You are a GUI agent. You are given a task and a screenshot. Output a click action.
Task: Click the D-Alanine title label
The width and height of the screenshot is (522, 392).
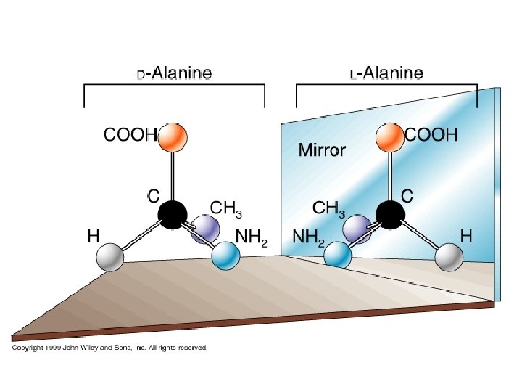coord(175,73)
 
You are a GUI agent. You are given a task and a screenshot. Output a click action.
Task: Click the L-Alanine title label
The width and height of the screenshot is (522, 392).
coord(386,73)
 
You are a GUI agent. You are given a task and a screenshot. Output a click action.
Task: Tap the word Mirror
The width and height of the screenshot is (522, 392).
coord(322,151)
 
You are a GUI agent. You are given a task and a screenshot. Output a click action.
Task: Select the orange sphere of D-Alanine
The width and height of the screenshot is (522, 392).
coord(172,136)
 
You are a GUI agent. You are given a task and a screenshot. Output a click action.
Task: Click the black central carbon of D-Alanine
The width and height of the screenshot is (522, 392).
coord(172,215)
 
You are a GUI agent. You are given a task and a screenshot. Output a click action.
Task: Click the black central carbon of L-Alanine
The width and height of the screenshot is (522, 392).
coord(389,215)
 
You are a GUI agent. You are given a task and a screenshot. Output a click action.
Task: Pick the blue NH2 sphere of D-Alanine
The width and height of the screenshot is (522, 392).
coord(225,255)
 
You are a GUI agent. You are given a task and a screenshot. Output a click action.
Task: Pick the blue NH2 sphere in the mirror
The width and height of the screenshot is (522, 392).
coord(337,255)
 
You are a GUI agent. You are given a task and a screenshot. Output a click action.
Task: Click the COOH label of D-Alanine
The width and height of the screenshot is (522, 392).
coord(130,134)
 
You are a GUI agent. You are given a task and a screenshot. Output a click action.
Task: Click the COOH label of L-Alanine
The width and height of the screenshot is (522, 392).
coord(431,134)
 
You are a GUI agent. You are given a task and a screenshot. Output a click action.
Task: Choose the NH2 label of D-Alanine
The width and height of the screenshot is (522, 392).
coord(252,237)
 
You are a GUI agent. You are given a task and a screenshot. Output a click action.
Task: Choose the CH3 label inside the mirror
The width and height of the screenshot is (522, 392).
coord(328,208)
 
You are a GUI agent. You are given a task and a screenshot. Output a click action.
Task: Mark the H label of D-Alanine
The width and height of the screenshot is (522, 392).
coord(93,236)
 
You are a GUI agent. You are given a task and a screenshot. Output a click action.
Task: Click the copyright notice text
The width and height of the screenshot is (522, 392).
coord(109,348)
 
